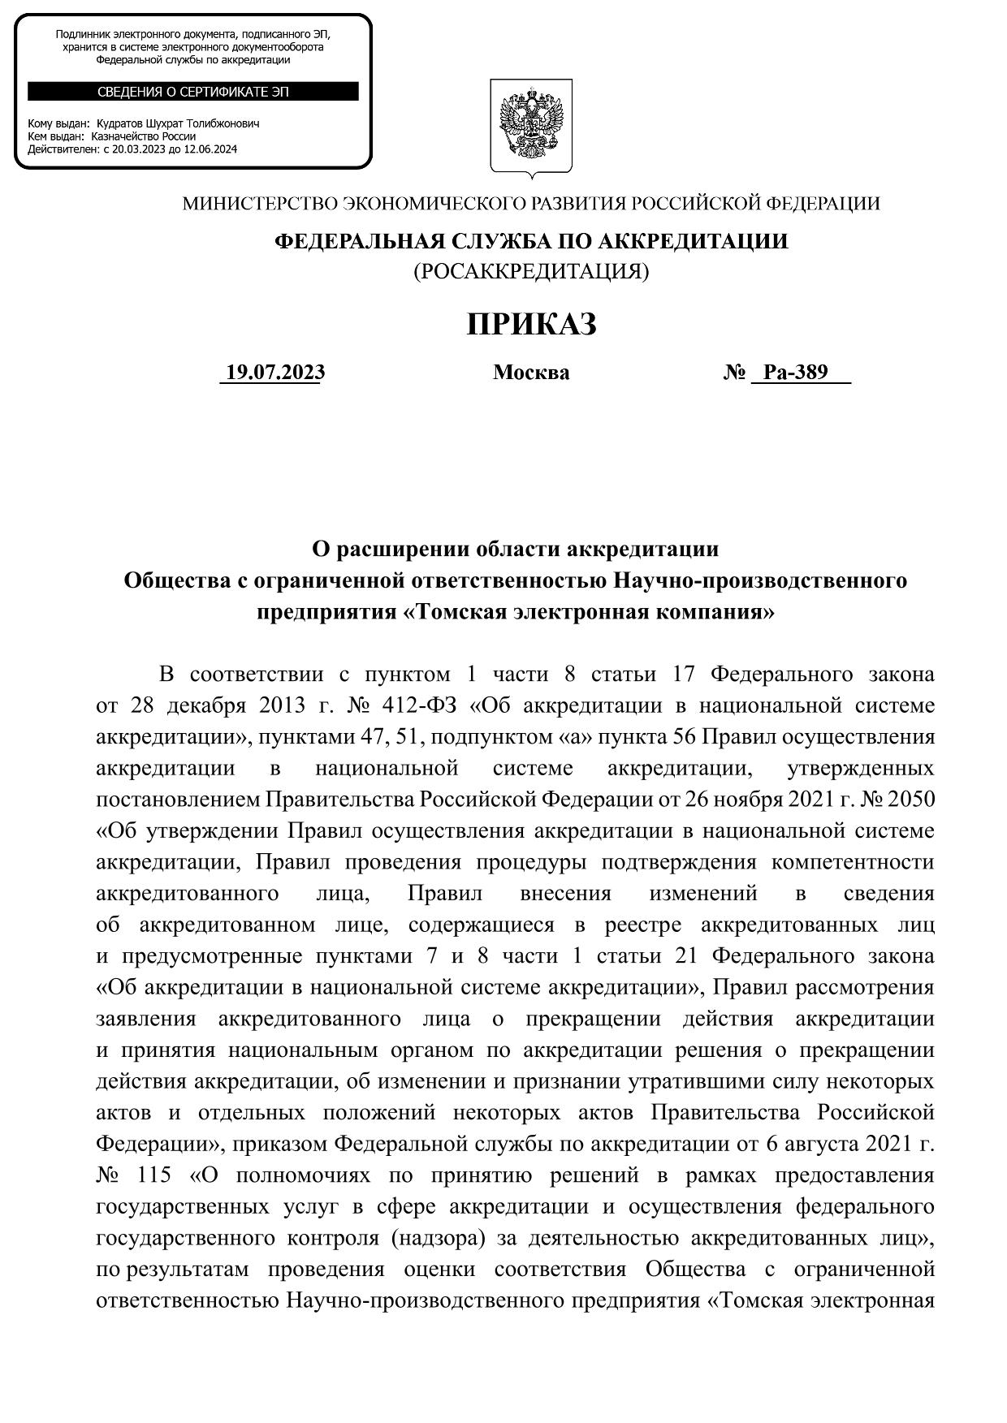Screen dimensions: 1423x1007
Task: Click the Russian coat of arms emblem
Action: [531, 127]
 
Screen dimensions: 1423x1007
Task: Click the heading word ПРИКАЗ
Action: [531, 324]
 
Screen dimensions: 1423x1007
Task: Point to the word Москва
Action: [531, 373]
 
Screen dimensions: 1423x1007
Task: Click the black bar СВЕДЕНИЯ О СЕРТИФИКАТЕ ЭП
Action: [193, 92]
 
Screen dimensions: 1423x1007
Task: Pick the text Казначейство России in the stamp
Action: [143, 136]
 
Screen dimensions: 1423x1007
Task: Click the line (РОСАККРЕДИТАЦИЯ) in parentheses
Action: [531, 271]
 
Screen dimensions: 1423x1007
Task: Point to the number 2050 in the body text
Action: [911, 800]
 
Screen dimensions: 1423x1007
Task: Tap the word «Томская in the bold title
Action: [454, 612]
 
